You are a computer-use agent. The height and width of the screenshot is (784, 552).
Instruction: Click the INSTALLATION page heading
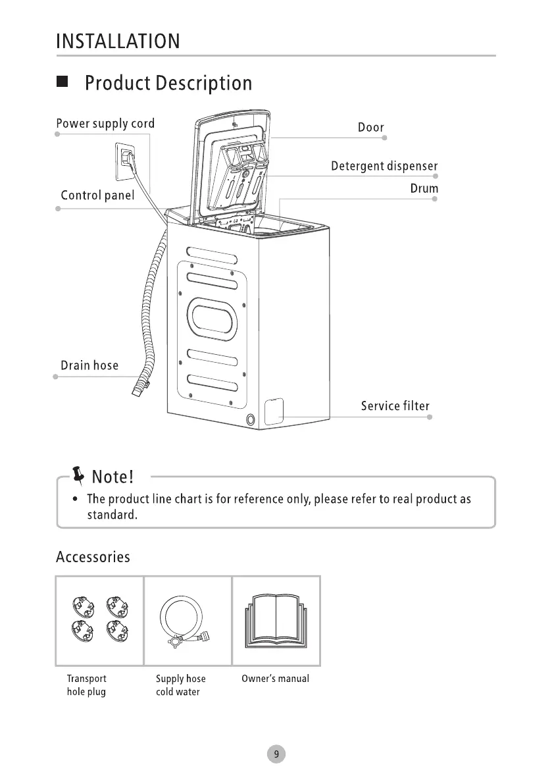(x=118, y=41)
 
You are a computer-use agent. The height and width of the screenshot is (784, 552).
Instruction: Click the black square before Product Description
(x=63, y=82)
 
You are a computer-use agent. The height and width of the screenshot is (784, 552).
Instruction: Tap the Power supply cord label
(x=105, y=124)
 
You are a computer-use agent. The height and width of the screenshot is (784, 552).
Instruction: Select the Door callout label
(x=370, y=128)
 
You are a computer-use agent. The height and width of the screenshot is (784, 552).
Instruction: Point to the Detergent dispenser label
(x=384, y=166)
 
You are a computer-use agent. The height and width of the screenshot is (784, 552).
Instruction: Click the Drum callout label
(x=424, y=189)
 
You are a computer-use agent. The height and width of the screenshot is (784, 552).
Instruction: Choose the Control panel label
(x=97, y=196)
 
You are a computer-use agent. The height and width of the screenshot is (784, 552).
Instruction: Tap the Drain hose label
(x=89, y=365)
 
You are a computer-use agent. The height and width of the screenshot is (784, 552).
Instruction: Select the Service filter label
(x=395, y=405)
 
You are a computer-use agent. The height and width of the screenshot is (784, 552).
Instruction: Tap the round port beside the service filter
(x=251, y=420)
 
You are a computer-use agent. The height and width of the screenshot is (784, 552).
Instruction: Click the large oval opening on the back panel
(x=212, y=318)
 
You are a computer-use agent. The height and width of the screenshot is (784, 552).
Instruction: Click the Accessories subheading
(x=93, y=557)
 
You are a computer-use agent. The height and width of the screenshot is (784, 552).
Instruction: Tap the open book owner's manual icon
(x=276, y=619)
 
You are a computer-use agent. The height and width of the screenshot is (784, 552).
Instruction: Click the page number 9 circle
(x=276, y=754)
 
